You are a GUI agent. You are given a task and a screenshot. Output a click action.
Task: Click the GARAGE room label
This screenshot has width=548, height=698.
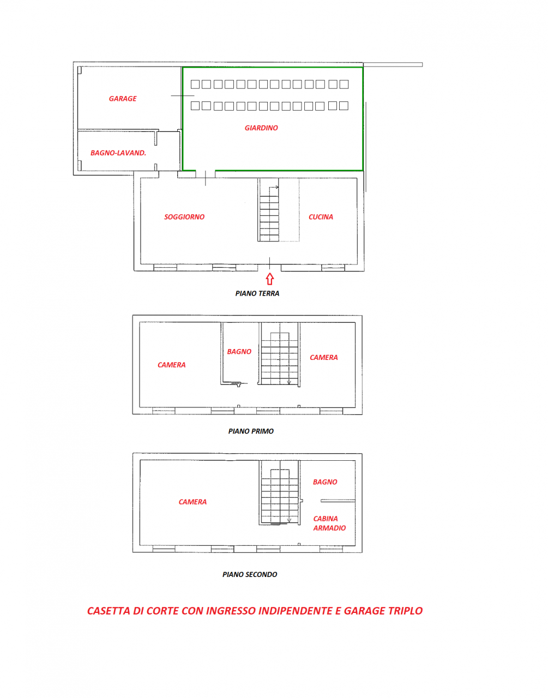click(x=123, y=99)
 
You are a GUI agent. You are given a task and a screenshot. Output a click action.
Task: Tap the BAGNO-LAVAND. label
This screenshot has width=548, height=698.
click(x=118, y=153)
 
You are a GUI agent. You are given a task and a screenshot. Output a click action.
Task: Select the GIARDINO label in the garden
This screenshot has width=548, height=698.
click(x=261, y=128)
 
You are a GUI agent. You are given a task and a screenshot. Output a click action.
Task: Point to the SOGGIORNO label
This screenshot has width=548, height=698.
click(x=184, y=217)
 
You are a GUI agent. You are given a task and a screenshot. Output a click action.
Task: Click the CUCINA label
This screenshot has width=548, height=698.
click(x=321, y=217)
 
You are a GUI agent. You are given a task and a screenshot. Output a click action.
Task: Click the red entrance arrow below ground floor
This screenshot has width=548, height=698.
click(x=269, y=279)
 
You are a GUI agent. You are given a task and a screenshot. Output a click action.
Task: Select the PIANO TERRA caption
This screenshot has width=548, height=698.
click(x=257, y=293)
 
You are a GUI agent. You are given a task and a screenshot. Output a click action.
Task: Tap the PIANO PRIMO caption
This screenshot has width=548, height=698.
click(x=251, y=431)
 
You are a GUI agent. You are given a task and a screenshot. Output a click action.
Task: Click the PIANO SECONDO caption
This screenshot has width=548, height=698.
click(x=250, y=575)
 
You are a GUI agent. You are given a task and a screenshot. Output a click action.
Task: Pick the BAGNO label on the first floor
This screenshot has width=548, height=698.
click(x=239, y=352)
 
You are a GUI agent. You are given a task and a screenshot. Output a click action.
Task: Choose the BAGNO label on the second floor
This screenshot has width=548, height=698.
click(x=325, y=482)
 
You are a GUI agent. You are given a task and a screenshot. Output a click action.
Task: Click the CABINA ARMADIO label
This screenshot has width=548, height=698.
click(x=329, y=523)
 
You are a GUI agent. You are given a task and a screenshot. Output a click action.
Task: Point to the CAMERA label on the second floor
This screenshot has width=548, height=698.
click(x=192, y=502)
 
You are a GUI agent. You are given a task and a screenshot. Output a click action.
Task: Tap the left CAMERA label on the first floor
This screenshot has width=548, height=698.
click(x=171, y=365)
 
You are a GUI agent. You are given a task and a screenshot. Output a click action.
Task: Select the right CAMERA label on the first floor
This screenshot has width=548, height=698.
click(x=324, y=358)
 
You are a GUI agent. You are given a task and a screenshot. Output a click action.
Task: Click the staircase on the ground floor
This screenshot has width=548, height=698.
click(x=269, y=210)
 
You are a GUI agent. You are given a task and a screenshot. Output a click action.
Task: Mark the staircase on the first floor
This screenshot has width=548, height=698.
click(x=279, y=354)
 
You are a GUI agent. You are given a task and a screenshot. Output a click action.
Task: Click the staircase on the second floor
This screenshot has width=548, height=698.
click(x=279, y=494)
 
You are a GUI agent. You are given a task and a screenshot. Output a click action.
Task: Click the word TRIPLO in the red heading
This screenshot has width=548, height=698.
click(x=405, y=611)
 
